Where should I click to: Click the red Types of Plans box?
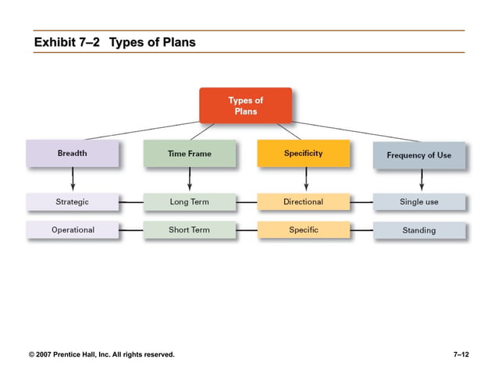tap(245, 105)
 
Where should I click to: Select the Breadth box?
tap(72, 154)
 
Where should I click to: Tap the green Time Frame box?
tap(189, 154)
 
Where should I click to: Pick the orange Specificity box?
tap(303, 154)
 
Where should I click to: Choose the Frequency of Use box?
tap(418, 155)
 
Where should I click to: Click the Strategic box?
tap(72, 202)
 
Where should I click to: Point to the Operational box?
tap(73, 230)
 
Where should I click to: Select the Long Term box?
tap(189, 202)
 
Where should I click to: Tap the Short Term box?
tap(189, 230)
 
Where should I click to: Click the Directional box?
tap(303, 202)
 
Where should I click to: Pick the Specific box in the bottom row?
tap(303, 230)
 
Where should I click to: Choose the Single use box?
tap(419, 202)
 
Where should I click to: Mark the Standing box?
tap(419, 231)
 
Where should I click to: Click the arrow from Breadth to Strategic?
tap(73, 179)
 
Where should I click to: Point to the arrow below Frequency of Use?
tap(422, 180)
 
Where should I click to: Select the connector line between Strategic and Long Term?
tap(130, 202)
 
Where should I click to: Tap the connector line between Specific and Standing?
tap(361, 230)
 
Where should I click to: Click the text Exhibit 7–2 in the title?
tap(67, 42)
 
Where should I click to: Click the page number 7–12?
tap(461, 355)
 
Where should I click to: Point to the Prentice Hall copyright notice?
tap(101, 355)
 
